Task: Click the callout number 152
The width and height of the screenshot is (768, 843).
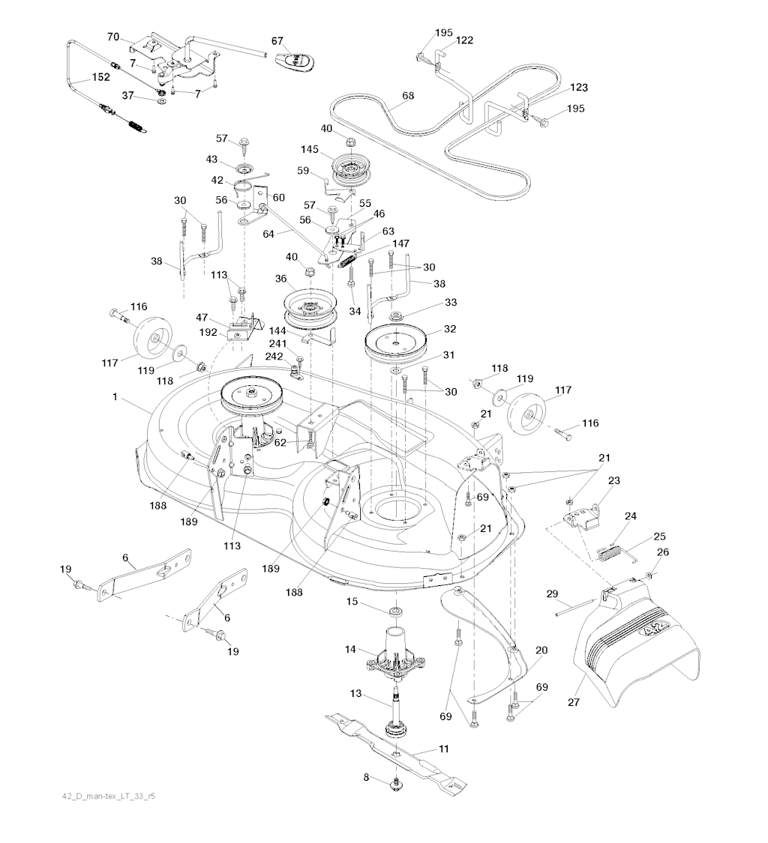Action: (100, 76)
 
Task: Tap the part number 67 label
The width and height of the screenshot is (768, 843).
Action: (277, 40)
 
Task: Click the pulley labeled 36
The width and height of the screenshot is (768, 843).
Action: (309, 307)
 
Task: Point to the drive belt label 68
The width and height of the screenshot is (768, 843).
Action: (408, 96)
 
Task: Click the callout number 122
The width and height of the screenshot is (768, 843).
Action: (464, 41)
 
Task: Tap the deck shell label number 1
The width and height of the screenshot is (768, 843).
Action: (115, 396)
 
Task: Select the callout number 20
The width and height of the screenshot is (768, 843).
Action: (541, 650)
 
